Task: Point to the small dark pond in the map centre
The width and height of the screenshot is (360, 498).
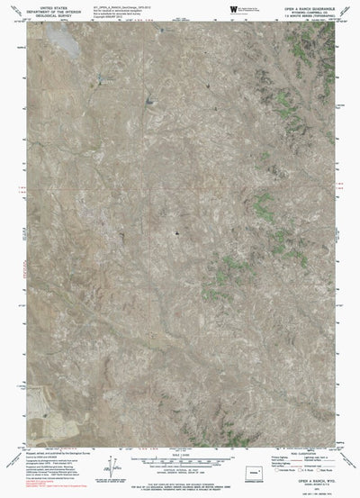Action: [176, 232]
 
